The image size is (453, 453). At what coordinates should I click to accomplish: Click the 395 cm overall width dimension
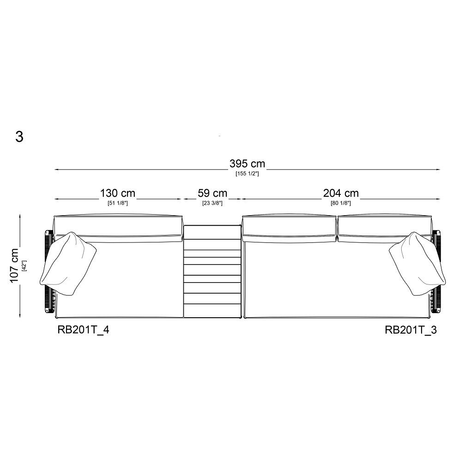coord(247,163)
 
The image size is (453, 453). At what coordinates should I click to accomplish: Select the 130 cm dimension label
coord(118,193)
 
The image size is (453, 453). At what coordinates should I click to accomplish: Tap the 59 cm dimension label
coord(212,193)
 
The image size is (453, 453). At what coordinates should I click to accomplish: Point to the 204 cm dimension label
coord(341,193)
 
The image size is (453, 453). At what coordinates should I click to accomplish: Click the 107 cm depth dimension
coord(14,266)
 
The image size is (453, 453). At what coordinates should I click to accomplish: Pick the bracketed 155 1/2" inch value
coord(247,174)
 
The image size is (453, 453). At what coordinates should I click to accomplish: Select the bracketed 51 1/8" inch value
coord(118,203)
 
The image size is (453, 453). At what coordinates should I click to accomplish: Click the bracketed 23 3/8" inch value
coord(212,203)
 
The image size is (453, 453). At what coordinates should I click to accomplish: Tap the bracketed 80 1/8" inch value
coord(341,203)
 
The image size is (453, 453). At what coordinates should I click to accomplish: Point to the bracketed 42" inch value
coord(24,266)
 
